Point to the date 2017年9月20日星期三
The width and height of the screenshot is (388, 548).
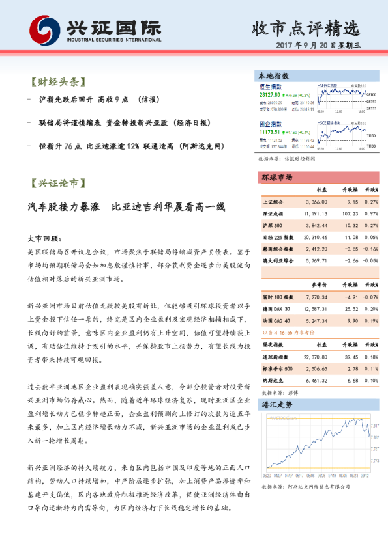[323, 48]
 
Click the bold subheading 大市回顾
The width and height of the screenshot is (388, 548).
[44, 239]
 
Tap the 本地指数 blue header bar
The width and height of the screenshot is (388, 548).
[318, 75]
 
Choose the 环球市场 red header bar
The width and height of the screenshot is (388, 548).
[318, 177]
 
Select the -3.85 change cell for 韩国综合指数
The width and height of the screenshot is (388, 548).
[350, 248]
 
